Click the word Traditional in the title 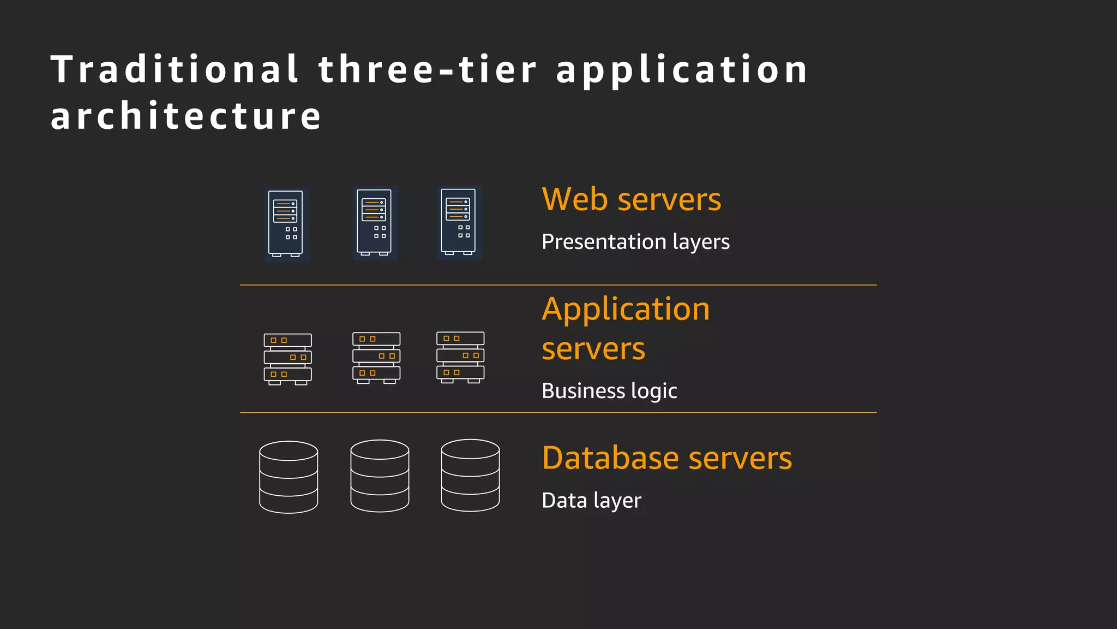tap(175, 69)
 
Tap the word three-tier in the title tap(428, 69)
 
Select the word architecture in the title tap(185, 116)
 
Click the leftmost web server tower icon tap(286, 224)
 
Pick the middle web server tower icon tap(375, 223)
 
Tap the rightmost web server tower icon tap(459, 222)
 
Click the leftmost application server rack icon tap(288, 359)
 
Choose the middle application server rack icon tap(376, 358)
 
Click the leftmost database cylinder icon tap(289, 477)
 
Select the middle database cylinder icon tap(380, 476)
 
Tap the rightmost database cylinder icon tap(470, 475)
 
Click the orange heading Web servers tap(631, 199)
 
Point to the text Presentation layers tap(635, 242)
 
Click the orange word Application tap(626, 310)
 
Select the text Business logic tap(609, 391)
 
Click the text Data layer tap(591, 501)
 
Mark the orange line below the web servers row tap(558, 285)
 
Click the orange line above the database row tap(558, 413)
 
